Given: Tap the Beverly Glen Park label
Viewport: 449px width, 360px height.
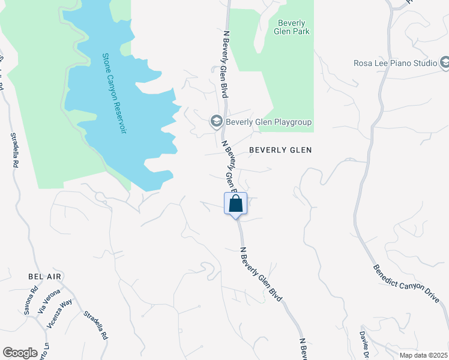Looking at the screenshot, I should (294, 28).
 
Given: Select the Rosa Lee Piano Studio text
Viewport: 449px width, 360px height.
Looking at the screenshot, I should (394, 62).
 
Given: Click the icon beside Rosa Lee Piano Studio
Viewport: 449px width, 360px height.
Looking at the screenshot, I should (445, 62).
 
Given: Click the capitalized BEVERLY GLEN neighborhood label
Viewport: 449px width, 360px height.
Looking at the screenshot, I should (280, 150).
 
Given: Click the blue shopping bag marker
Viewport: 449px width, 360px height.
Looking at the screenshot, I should (236, 204).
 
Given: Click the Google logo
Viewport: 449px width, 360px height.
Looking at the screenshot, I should (20, 353).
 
